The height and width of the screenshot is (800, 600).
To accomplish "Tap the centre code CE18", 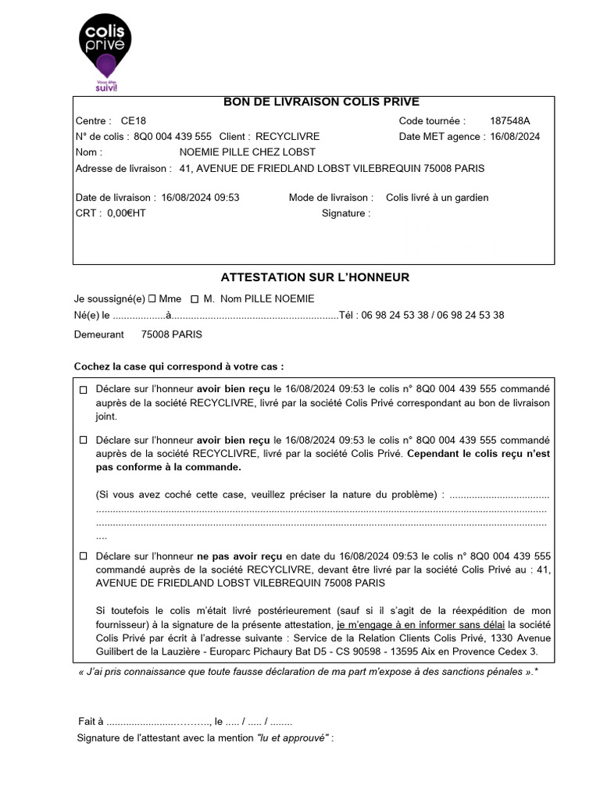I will point(134,121).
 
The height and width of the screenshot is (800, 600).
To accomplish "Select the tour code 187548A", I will point(509,121).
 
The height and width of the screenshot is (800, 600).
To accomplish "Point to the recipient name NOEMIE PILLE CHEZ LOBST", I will point(248,152).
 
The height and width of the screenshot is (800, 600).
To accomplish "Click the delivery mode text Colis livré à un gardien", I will point(437,198).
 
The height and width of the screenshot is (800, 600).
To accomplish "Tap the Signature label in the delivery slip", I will point(345,213).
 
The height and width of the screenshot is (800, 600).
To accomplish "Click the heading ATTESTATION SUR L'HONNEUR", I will point(315,277).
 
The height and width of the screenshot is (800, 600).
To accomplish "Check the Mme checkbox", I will point(152,298).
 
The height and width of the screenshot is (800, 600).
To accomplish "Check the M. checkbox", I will point(195,298).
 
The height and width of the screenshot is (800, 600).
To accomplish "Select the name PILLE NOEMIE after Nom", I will point(280,298).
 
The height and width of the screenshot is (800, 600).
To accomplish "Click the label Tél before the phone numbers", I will point(348,316).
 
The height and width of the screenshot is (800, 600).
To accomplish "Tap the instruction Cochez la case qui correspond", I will point(179,366).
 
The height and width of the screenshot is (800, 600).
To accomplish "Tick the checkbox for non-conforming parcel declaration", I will point(84,441).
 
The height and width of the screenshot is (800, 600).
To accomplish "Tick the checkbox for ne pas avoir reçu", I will point(84,556).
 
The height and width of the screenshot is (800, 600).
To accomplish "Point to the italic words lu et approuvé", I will point(292,738).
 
